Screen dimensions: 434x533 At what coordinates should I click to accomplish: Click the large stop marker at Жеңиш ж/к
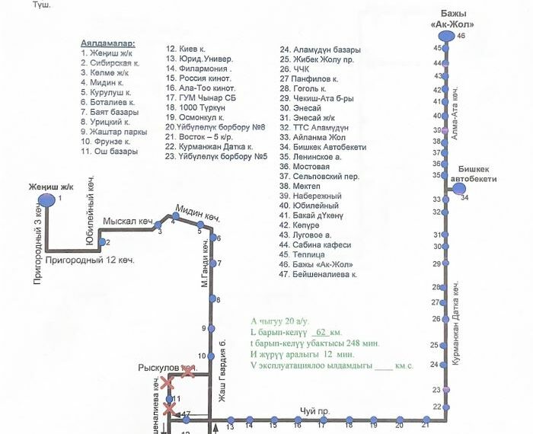pos(46,199)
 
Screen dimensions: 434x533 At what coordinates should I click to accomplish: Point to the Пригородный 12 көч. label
pos(90,260)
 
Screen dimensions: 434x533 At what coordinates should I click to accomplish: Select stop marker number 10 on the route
pos(213,356)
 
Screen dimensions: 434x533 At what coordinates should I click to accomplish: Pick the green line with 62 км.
pos(296,333)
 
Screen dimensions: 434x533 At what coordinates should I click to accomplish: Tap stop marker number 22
pos(447,407)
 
